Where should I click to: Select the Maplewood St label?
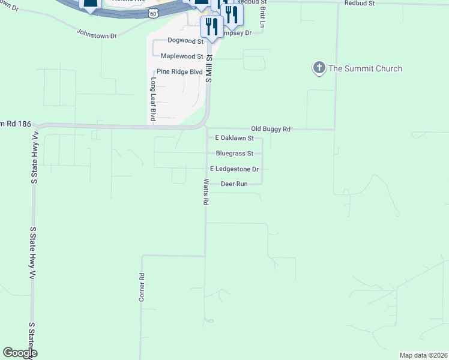tap(182, 56)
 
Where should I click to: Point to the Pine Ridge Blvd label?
tap(180, 72)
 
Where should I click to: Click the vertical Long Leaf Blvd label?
tap(153, 99)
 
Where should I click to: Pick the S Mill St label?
tap(209, 67)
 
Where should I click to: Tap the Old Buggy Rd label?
tap(271, 129)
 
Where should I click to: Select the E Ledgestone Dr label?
tap(234, 169)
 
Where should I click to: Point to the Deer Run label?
tap(234, 184)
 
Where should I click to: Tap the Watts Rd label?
tap(205, 193)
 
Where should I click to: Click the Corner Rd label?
tap(142, 287)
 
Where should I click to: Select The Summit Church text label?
tap(365, 68)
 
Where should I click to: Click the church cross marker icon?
tap(319, 68)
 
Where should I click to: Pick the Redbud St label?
tap(360, 3)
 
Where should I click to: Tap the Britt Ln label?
tap(262, 17)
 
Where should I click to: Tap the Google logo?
tap(20, 353)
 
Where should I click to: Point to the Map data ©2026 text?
tap(423, 355)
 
